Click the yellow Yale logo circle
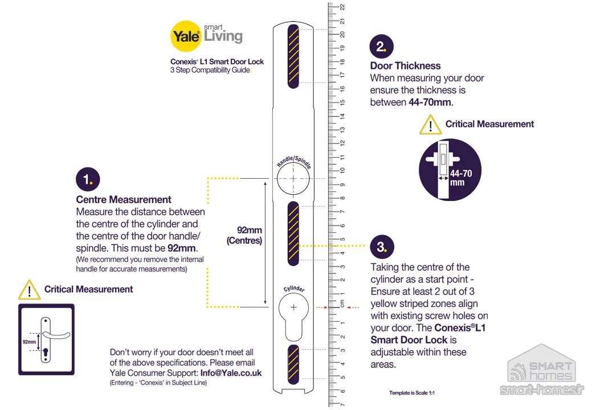[x=186, y=36]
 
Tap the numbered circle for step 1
[x=88, y=179]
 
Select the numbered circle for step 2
[x=381, y=47]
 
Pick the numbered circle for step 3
[x=382, y=247]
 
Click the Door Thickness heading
[x=405, y=66]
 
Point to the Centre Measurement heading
[x=124, y=199]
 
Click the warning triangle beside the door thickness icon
[x=430, y=125]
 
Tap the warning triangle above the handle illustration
[x=29, y=290]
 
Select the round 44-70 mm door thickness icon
[x=450, y=170]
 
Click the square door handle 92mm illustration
[x=46, y=339]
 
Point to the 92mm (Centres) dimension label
[x=244, y=235]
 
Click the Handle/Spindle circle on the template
[x=293, y=179]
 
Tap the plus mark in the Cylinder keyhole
[x=293, y=307]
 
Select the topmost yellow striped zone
[x=293, y=56]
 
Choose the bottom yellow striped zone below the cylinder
[x=293, y=364]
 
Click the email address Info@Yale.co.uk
[x=231, y=373]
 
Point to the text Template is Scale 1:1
[x=412, y=393]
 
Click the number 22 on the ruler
[x=342, y=7]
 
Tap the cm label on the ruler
[x=342, y=304]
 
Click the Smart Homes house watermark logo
[x=542, y=369]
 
